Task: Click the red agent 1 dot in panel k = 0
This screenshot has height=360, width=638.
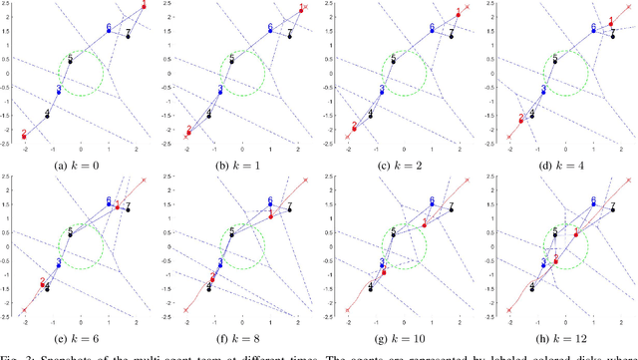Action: point(142,8)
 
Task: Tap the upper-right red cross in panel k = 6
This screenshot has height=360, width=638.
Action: point(144,180)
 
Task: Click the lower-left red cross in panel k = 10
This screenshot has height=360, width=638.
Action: point(347,310)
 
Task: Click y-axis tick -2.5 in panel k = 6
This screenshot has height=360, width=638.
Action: point(5,311)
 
